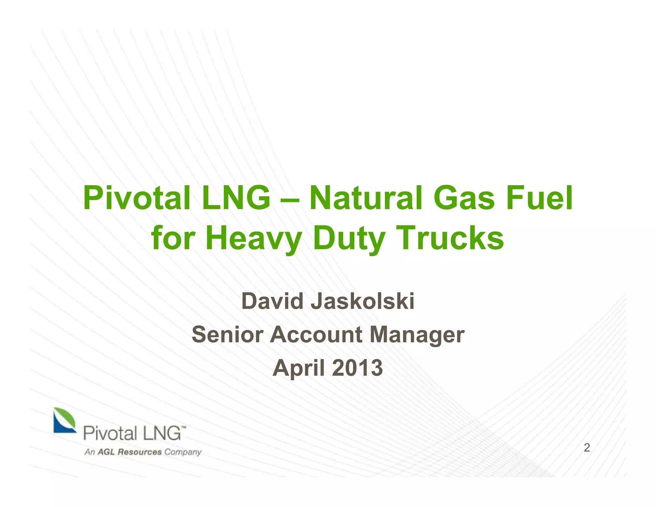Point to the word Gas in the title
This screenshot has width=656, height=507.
464,199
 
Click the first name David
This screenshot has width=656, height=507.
272,302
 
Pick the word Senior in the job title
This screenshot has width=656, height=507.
227,335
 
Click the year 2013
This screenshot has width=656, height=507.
357,368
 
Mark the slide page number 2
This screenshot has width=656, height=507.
587,448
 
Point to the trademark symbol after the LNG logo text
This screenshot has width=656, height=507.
184,428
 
